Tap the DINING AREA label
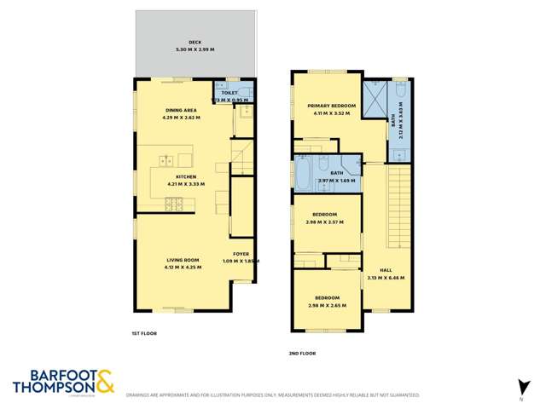183,110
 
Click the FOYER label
242,255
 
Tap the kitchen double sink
164,159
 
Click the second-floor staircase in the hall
398,200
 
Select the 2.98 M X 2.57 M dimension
325,222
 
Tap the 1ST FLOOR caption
142,333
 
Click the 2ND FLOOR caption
303,352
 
